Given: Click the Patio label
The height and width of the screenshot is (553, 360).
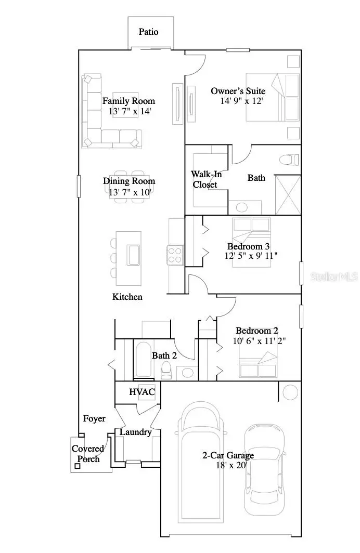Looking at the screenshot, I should tap(148, 32).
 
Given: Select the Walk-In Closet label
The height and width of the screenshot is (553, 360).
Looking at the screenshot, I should tap(205, 179).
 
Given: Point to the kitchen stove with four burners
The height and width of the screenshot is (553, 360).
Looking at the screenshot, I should tap(175, 255).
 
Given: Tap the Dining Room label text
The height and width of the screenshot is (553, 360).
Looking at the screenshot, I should tap(129, 181).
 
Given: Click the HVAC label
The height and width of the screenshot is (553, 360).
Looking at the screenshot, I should tap(142, 392).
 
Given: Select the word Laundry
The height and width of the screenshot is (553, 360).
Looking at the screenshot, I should tap(136, 432).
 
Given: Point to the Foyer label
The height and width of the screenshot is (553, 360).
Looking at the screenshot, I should tap(94, 418).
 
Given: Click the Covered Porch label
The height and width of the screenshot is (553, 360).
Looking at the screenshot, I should tap(88, 453).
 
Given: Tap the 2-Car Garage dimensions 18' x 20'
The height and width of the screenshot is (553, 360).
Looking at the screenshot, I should tap(228, 466).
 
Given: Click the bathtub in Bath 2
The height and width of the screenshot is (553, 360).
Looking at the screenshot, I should tap(143, 359).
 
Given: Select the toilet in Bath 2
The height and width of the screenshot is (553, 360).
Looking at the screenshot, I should tap(167, 370).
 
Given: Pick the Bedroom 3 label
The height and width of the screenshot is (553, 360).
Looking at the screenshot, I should tap(248, 246).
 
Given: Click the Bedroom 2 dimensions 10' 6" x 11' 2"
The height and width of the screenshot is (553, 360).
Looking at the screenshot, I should tap(260, 341).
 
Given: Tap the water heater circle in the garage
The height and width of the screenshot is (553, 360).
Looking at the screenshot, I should tap(290, 391).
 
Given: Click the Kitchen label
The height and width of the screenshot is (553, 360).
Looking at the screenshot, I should tap(127, 297).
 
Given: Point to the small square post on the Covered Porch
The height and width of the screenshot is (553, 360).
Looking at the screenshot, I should tap(77, 466).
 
